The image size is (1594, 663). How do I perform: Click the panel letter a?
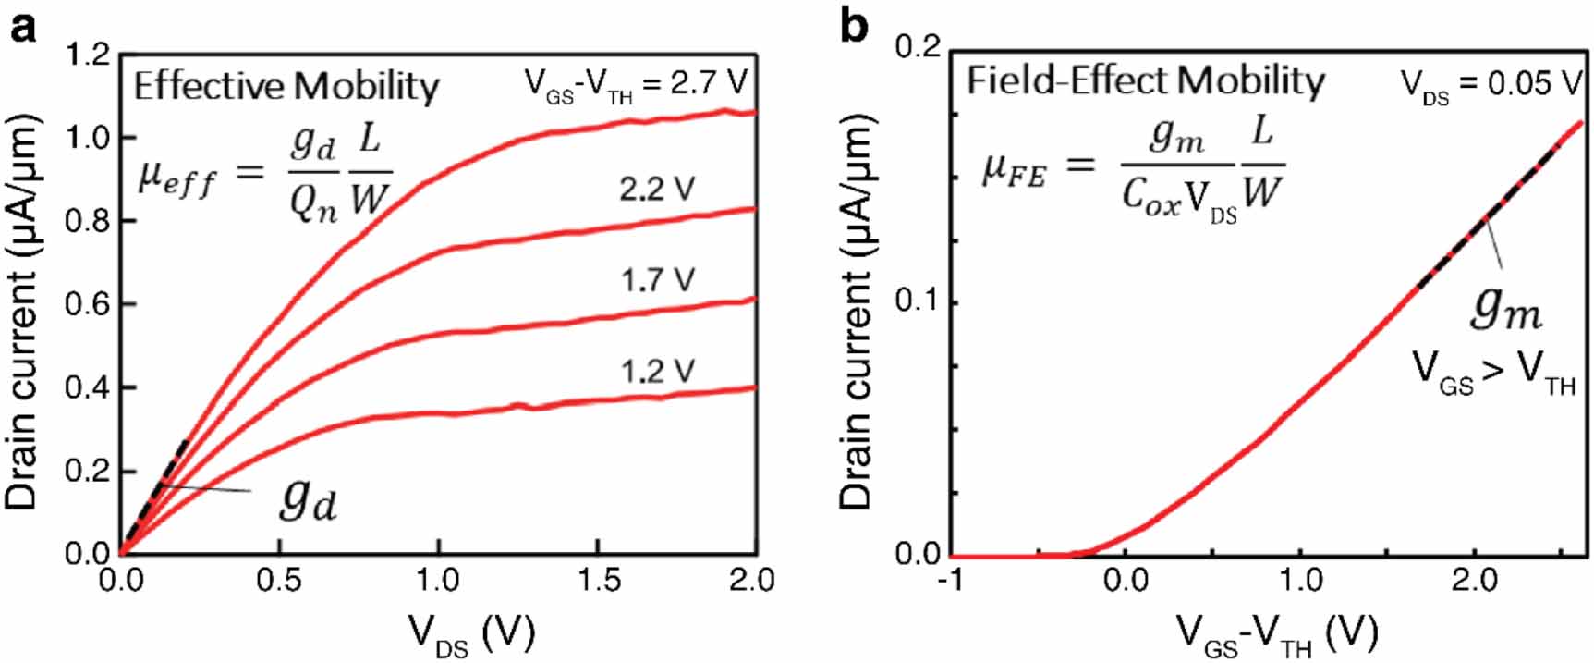click(x=23, y=28)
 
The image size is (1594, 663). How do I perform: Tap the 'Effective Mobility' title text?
click(x=286, y=86)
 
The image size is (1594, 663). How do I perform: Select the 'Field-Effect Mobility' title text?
click(x=1146, y=81)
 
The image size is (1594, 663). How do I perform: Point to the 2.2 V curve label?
click(x=656, y=189)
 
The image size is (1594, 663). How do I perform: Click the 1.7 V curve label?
click(x=656, y=279)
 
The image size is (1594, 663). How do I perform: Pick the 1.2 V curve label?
click(x=656, y=371)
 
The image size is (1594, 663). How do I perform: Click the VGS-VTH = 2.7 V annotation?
click(x=636, y=85)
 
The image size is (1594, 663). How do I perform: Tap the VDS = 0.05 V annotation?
click(x=1490, y=85)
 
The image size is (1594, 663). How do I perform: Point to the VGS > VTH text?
click(x=1493, y=373)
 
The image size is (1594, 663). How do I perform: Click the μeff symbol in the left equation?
click(x=176, y=176)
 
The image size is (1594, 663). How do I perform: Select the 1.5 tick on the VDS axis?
click(x=597, y=580)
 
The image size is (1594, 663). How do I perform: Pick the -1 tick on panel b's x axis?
click(x=952, y=580)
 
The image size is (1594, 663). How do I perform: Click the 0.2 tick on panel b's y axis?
click(x=918, y=47)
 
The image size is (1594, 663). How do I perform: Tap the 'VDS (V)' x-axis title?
click(x=471, y=633)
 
